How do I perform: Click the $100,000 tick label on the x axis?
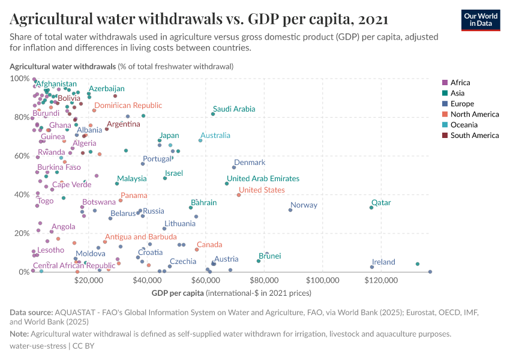(x=323, y=280)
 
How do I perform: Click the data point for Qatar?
(x=371, y=208)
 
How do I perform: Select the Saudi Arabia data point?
(x=213, y=114)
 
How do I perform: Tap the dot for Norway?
(x=290, y=210)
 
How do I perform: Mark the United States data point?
(x=239, y=195)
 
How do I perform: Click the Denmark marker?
(x=234, y=167)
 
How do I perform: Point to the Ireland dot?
(x=372, y=267)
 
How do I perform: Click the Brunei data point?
(x=259, y=261)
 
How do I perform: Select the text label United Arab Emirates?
(x=263, y=179)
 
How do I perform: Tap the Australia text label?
(x=215, y=136)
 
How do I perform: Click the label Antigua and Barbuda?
(x=140, y=236)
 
